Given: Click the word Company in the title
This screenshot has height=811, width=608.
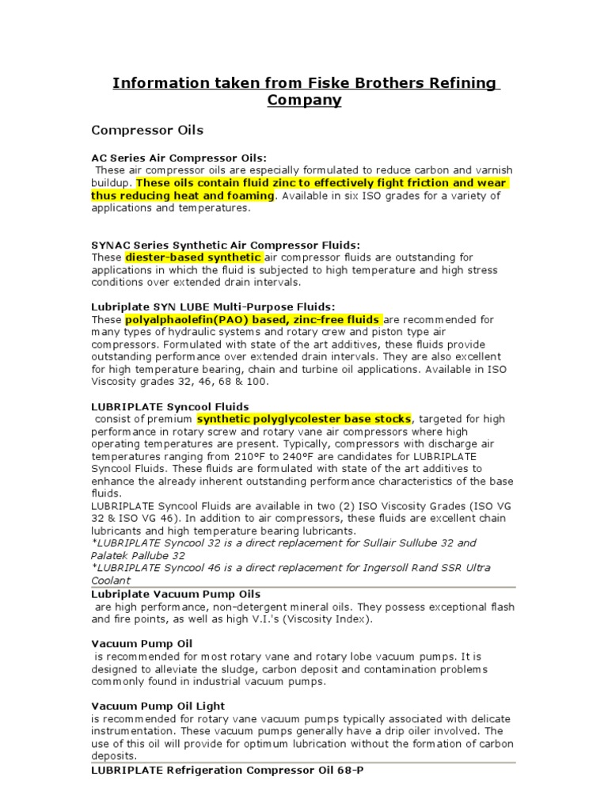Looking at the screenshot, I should tap(305, 101).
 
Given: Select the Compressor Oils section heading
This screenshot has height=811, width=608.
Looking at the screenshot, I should tap(147, 130).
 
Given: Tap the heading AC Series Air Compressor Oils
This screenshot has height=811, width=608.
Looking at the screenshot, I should tap(179, 158).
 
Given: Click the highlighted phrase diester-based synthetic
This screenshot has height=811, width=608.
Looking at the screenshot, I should tap(193, 257).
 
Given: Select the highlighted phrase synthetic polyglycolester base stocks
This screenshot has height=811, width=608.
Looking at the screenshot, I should tap(304, 418).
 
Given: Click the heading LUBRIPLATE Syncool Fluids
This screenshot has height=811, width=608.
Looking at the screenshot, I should tap(170, 406).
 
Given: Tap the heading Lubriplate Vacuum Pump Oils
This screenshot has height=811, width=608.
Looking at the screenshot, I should tap(176, 594).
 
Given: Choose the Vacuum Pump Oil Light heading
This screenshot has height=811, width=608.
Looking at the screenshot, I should tap(158, 706).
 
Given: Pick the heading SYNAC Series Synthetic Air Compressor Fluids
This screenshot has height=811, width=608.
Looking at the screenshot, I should tap(226, 246).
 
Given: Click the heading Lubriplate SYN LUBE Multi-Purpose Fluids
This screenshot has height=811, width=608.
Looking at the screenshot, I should tap(214, 307).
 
